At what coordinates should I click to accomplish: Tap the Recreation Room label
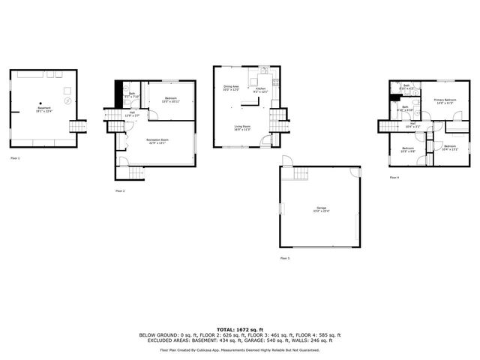[x=156, y=142]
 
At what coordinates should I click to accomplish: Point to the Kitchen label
[x=261, y=88]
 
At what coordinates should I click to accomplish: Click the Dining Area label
[x=231, y=88]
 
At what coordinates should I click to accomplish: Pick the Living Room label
[x=242, y=127]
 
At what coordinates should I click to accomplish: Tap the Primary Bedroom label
[x=445, y=100]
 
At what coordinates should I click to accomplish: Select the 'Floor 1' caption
[x=16, y=158]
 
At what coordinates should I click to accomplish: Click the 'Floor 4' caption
[x=394, y=177]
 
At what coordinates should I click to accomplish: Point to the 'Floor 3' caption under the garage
[x=284, y=257]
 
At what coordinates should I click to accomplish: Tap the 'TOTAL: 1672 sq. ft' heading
[x=240, y=329]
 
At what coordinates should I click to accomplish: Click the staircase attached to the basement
[x=78, y=126]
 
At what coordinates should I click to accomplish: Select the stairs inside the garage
[x=301, y=173]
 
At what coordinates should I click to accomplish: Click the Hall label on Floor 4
[x=412, y=124]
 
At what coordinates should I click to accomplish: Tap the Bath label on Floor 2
[x=130, y=94]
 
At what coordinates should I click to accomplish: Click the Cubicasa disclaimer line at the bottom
[x=240, y=349]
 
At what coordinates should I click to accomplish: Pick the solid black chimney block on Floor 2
[x=117, y=93]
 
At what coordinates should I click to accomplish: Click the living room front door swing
[x=265, y=140]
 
